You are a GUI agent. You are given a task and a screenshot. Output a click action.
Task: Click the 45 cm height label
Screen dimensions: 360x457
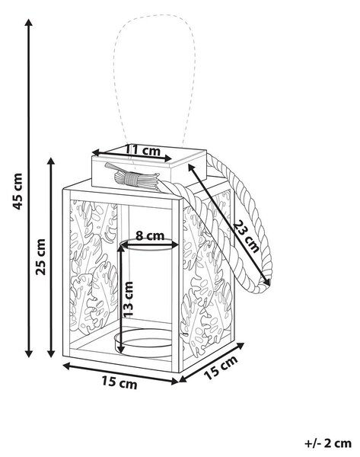tap(18, 191)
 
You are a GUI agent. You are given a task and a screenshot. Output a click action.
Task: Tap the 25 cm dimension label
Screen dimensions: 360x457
tap(41, 257)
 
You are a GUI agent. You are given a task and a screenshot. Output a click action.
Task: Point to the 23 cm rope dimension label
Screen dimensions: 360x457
tap(247, 236)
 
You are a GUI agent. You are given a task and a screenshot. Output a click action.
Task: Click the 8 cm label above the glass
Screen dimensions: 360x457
tap(150, 235)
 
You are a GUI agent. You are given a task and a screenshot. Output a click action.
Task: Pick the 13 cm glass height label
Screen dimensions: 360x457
tap(128, 299)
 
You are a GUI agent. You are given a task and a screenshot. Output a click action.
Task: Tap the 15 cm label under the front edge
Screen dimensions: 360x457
tap(119, 382)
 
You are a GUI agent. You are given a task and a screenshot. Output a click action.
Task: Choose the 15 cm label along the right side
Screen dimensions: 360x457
tap(221, 368)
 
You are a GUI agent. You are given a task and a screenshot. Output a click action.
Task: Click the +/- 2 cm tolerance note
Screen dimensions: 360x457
tap(328, 443)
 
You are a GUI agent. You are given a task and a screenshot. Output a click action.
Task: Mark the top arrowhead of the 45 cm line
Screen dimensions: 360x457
tap(29, 22)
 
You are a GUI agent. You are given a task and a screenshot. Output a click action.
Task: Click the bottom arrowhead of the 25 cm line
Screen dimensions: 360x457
tap(51, 353)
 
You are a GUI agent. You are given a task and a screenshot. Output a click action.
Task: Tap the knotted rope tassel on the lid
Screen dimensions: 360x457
tap(132, 177)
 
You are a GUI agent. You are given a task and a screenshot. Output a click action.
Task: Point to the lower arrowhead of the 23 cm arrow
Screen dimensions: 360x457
tap(267, 282)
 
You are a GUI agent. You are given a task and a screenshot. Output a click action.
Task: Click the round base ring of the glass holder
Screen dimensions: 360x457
tap(144, 343)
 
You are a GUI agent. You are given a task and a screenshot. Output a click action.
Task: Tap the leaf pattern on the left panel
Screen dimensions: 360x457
tap(93, 268)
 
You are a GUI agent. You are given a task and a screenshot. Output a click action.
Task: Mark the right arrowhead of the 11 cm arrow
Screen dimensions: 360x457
tap(168, 158)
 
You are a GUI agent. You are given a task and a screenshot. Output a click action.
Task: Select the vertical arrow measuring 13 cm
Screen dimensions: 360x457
tap(120, 299)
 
